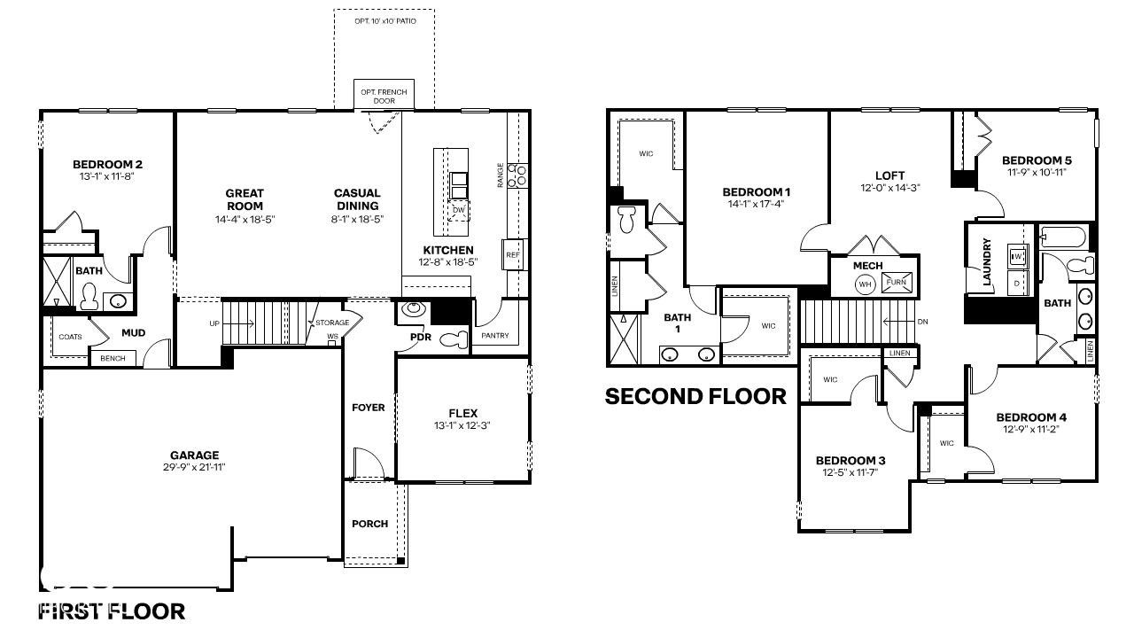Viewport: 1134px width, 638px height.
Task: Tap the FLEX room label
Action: (462, 413)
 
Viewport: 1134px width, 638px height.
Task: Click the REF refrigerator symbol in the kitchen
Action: (513, 254)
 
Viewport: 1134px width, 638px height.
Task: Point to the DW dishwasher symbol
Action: (458, 210)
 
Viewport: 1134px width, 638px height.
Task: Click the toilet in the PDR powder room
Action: (454, 339)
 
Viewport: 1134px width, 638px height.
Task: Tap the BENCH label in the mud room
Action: (113, 358)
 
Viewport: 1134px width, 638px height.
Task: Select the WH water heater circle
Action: (865, 284)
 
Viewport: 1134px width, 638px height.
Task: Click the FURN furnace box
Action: (895, 282)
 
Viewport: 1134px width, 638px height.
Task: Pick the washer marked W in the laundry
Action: (1018, 257)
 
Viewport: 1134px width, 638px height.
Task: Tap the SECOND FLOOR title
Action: (695, 396)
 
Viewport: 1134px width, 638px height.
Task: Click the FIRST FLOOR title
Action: (112, 611)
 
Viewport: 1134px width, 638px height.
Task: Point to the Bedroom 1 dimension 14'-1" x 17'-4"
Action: (756, 204)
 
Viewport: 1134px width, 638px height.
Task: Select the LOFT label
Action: (889, 175)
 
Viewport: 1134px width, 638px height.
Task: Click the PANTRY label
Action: (494, 336)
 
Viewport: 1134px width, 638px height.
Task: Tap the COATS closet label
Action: (70, 337)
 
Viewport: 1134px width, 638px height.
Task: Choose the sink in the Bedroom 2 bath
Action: (117, 301)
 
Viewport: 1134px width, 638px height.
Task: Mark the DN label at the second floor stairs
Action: (923, 322)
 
